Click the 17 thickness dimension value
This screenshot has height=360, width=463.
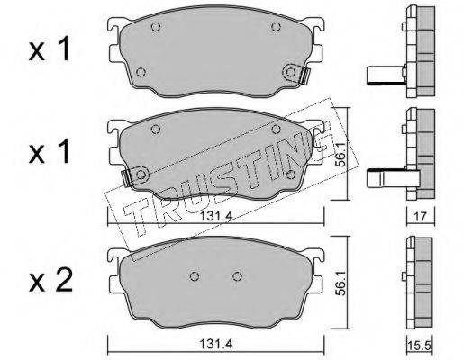tap(421, 216)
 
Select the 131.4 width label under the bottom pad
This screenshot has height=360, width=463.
tap(215, 344)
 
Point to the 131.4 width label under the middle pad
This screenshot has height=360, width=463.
tap(216, 216)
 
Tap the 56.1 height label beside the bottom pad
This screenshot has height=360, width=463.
tap(340, 282)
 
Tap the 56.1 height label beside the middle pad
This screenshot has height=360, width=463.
tap(340, 155)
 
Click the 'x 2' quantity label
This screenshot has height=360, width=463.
tap(50, 280)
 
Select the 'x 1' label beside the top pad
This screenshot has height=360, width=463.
tap(50, 49)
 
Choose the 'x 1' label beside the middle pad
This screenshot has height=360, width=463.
tap(50, 151)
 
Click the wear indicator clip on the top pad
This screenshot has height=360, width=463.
tap(304, 76)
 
